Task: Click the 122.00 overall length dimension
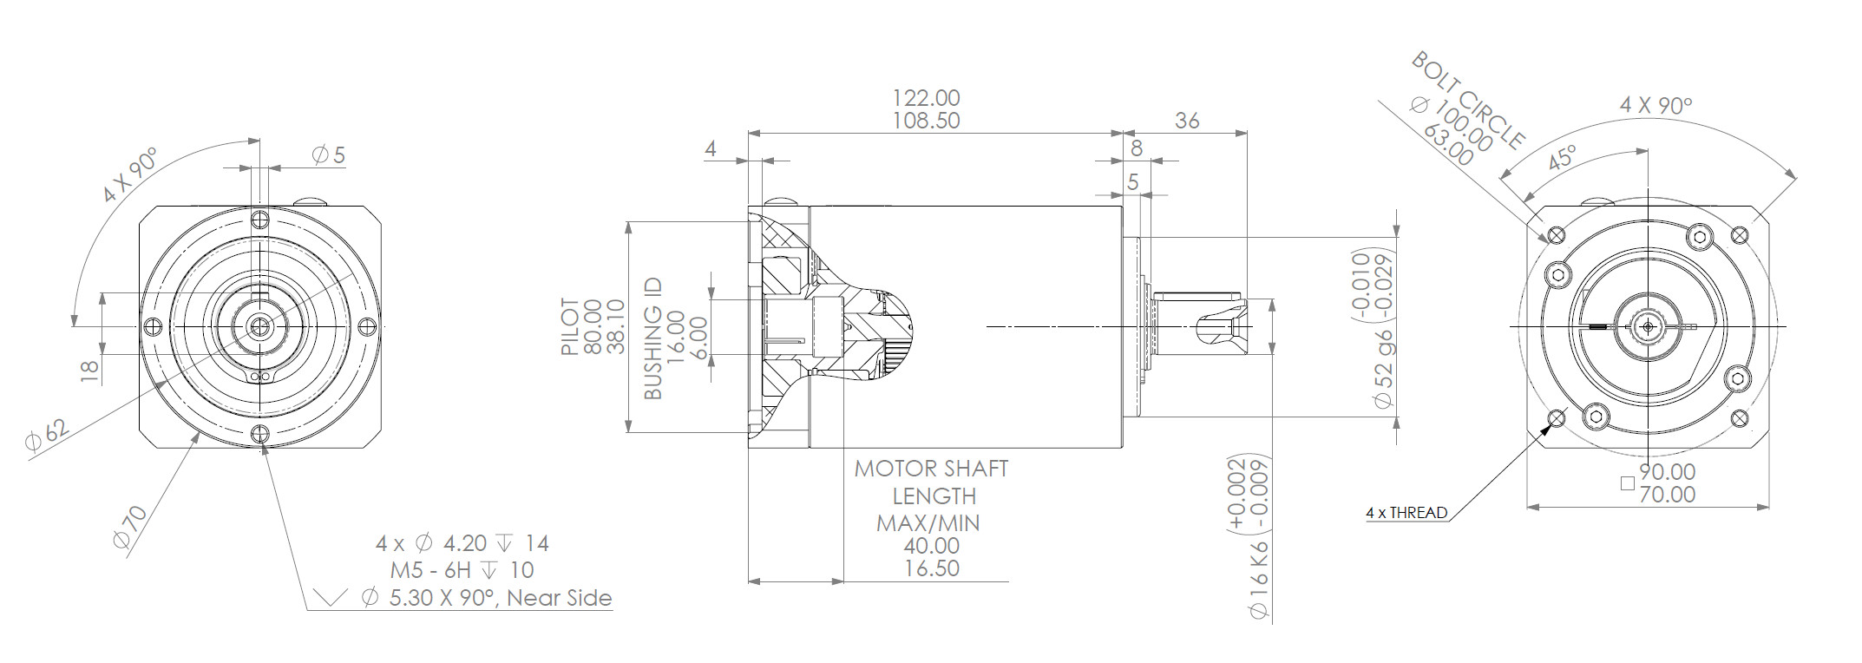tap(927, 98)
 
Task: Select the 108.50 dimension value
tap(927, 121)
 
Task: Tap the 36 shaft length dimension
tap(1187, 121)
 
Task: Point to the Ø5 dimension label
tap(329, 155)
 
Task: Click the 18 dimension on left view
tap(89, 372)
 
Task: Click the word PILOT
tap(570, 327)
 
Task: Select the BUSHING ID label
tap(653, 338)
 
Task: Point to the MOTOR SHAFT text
tap(931, 469)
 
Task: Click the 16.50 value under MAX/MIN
tap(930, 568)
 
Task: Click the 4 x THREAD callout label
tap(1406, 513)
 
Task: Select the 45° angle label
tap(1562, 159)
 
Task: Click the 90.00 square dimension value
tap(1667, 472)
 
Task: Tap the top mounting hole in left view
tap(259, 217)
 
